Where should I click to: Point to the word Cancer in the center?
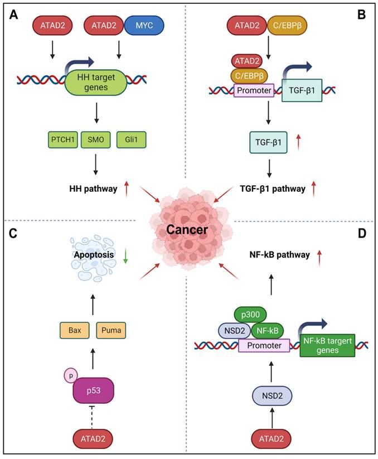click(188, 230)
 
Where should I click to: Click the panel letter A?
click(13, 15)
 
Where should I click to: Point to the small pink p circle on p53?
click(70, 375)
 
